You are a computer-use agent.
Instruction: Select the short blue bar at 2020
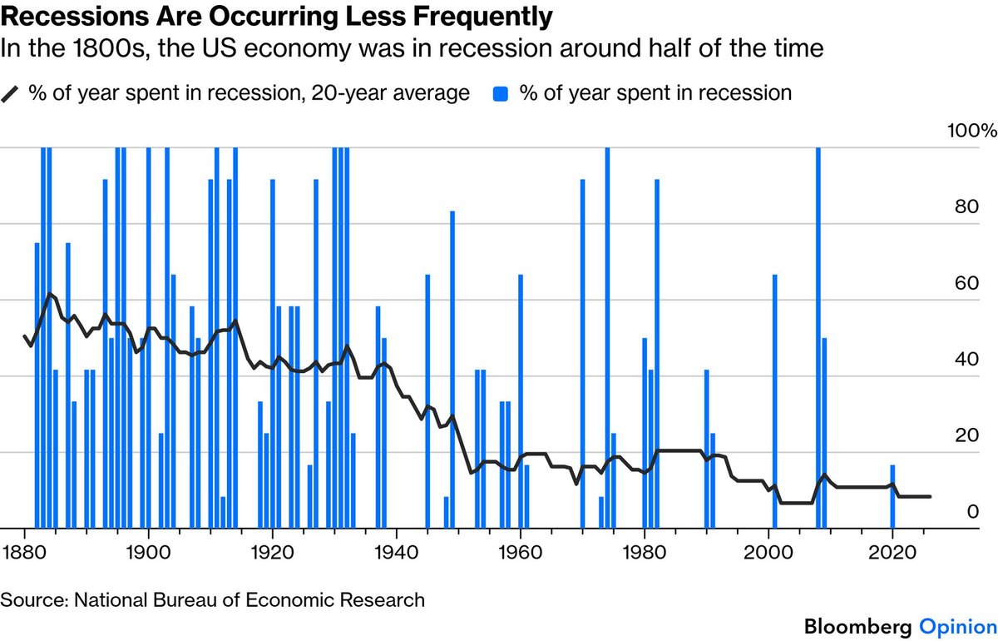(892, 496)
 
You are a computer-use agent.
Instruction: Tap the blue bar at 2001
(774, 400)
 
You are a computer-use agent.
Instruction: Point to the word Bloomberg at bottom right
(852, 624)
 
